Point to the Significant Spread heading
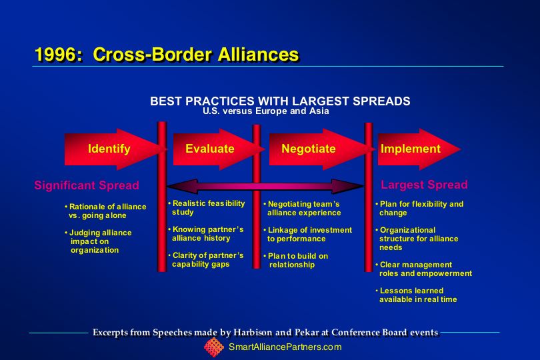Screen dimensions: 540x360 tap(87, 185)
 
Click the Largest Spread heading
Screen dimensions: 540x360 tap(424, 185)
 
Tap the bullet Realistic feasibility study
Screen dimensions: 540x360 tap(207, 208)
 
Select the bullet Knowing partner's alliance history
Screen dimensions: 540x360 tap(206, 233)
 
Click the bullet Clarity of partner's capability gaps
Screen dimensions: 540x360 tap(206, 260)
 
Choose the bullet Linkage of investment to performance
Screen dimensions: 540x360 tap(307, 234)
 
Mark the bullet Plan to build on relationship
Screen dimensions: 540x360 tap(296, 261)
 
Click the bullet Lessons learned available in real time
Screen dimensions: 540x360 tap(417, 295)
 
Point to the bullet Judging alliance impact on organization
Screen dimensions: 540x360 tap(98, 241)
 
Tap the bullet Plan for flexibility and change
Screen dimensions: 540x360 tap(419, 209)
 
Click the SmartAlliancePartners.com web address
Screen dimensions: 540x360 tap(285, 347)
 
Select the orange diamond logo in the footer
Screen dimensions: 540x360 tap(214, 347)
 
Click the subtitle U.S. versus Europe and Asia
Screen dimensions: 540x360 tap(265, 111)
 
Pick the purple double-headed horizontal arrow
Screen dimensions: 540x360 tap(265, 186)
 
